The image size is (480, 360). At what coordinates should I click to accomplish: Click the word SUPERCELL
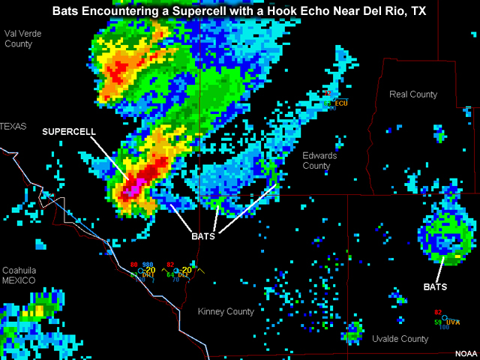(69, 131)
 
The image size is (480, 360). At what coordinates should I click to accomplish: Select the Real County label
(413, 94)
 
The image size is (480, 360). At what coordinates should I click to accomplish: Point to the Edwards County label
(319, 160)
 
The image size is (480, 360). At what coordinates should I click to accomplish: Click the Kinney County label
(226, 311)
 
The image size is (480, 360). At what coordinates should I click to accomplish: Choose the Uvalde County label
(400, 339)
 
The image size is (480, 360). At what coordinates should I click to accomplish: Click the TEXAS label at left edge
(13, 127)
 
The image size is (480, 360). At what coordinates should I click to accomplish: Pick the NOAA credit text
(465, 353)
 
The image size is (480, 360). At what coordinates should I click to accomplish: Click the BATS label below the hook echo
(202, 236)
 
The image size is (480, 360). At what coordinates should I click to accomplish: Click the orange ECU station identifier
(342, 103)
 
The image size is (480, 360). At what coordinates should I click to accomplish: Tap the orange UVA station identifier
(452, 322)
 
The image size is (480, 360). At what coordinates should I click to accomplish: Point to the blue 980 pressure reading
(148, 265)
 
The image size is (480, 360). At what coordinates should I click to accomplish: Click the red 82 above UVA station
(437, 312)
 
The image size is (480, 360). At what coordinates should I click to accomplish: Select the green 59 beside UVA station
(437, 322)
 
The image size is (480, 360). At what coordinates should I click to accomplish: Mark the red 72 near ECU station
(329, 94)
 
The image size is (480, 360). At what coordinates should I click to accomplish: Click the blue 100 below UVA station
(444, 328)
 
